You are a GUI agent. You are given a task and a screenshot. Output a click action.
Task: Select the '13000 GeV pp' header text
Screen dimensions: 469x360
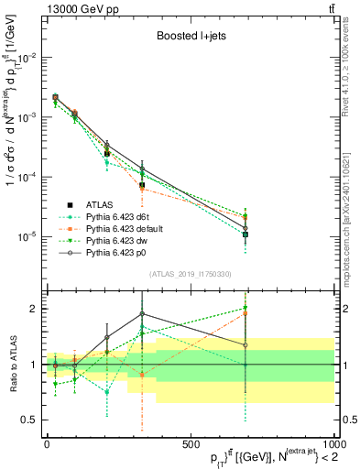pos(72,8)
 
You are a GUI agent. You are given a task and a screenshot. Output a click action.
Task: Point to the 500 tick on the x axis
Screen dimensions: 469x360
pos(190,441)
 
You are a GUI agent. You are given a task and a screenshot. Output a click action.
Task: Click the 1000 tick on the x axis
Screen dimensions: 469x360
pos(333,441)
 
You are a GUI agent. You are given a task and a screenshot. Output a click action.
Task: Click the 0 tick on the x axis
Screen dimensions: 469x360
pos(47,441)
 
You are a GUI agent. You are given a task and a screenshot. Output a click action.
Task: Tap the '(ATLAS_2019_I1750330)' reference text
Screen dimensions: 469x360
pos(190,274)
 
